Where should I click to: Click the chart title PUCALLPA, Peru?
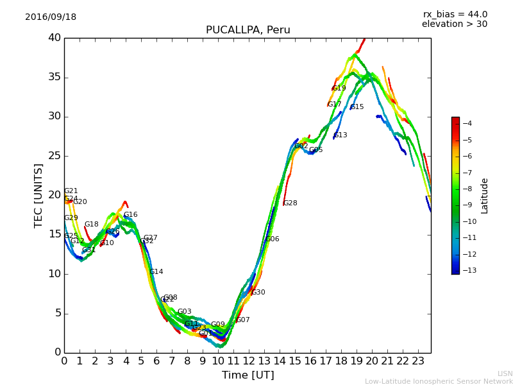[x=248, y=30]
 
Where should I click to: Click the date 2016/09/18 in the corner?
[x=51, y=17]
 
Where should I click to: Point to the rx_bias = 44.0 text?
[x=455, y=15]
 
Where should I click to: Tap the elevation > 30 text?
[x=454, y=24]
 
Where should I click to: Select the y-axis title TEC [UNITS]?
[x=38, y=195]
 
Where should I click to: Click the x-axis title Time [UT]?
[x=248, y=375]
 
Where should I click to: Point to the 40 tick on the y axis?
[x=54, y=38]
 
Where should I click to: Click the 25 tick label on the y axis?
[x=54, y=156]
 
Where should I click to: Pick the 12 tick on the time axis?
[x=249, y=361]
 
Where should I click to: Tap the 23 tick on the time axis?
[x=418, y=361]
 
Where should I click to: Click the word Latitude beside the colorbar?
[x=485, y=196]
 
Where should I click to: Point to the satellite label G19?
[x=339, y=89]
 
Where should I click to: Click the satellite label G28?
[x=290, y=203]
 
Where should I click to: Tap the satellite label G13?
[x=340, y=135]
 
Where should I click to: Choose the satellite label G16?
[x=130, y=215]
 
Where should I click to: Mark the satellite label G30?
[x=258, y=293]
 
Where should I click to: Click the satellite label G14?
[x=156, y=272]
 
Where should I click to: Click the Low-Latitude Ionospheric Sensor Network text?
[x=439, y=381]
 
